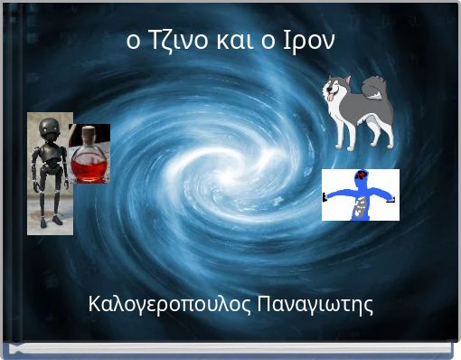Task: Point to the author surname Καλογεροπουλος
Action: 170,304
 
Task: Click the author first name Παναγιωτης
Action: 315,304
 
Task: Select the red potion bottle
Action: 89,156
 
